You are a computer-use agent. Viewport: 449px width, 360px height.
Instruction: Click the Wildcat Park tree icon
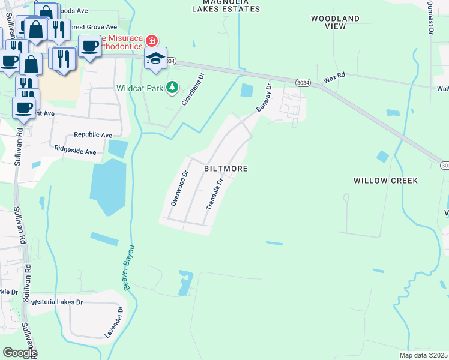(x=172, y=88)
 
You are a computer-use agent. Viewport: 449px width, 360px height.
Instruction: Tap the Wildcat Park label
(x=140, y=88)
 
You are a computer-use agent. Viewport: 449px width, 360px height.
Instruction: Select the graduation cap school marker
(x=155, y=59)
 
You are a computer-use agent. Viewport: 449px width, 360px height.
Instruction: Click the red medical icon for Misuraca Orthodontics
(x=152, y=41)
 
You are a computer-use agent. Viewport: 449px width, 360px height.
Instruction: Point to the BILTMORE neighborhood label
(x=226, y=169)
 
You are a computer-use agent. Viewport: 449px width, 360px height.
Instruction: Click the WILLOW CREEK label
(x=385, y=181)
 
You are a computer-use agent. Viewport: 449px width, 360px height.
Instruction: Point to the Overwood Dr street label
(x=179, y=188)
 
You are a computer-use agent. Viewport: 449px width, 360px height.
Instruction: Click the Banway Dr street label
(x=264, y=98)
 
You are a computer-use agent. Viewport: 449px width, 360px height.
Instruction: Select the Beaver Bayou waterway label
(x=129, y=268)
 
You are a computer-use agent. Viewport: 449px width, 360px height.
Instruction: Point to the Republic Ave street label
(x=93, y=135)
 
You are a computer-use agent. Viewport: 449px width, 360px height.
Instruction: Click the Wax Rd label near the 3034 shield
(x=335, y=78)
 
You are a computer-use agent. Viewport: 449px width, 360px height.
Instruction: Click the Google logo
(x=19, y=353)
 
